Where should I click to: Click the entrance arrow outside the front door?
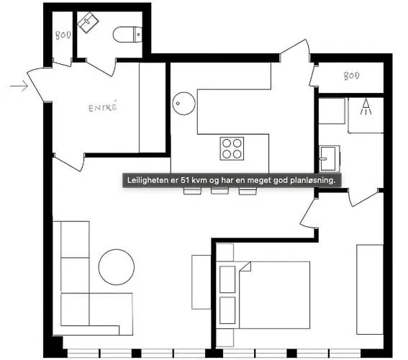tap(18, 88)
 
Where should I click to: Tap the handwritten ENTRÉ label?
tap(102, 108)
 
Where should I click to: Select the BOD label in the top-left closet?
tap(63, 35)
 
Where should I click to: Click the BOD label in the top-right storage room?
tap(350, 76)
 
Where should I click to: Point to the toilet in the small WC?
tap(130, 33)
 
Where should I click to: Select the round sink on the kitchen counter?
tap(183, 104)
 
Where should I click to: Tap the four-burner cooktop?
tap(232, 148)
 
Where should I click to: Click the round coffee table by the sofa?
tap(117, 266)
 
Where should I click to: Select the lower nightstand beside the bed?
tap(227, 310)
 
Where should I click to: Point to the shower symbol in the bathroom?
tap(366, 108)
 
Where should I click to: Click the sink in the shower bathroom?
tap(328, 156)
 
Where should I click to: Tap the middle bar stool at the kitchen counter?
tap(219, 192)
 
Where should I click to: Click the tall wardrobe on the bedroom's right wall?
tap(370, 288)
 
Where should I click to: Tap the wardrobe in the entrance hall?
tap(153, 108)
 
